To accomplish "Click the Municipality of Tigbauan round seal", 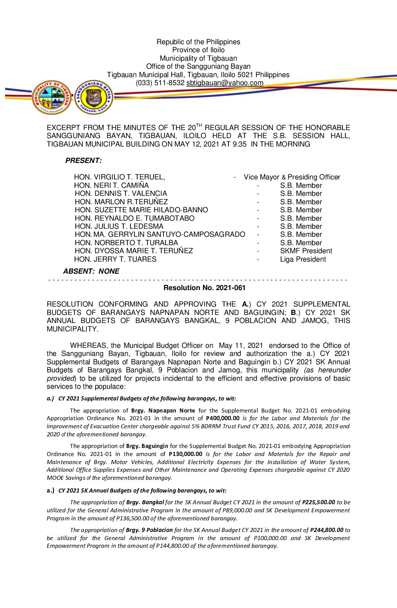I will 51,97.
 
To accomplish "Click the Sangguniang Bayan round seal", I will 94,97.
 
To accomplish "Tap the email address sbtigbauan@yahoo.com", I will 225,83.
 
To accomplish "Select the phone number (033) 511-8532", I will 160,83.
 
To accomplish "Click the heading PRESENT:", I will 84,161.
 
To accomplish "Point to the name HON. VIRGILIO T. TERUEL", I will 119,177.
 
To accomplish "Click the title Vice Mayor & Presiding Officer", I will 292,177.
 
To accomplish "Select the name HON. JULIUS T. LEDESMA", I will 119,227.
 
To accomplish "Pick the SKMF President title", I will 306,251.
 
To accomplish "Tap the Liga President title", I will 303,259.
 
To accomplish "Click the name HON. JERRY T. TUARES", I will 115,259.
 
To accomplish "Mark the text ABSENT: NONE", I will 91,271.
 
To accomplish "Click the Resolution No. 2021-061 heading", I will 204,288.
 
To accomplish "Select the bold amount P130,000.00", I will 185,454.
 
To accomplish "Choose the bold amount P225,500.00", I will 318,502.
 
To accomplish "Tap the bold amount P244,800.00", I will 327,530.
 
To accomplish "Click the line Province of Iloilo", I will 198,50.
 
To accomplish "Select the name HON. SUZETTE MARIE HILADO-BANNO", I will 141,210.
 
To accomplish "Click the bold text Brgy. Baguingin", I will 147,446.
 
